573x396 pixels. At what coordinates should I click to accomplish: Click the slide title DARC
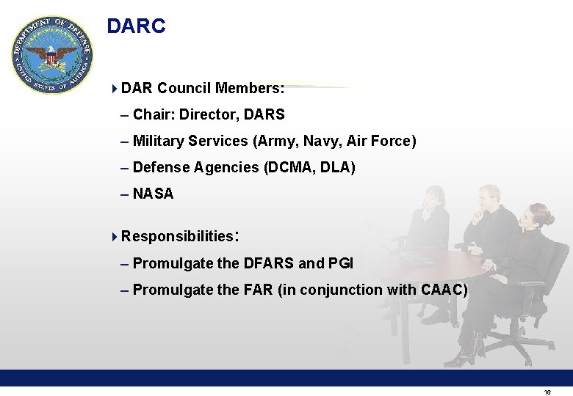tap(136, 26)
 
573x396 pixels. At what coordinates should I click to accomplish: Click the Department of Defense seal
tap(52, 55)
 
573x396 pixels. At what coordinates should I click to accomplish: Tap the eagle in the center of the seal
tap(52, 56)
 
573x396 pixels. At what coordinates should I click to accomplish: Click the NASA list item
tap(153, 194)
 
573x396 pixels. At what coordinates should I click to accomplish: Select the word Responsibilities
tap(177, 237)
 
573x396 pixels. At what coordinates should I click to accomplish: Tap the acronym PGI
tap(341, 263)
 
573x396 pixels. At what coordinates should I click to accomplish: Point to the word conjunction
tap(343, 290)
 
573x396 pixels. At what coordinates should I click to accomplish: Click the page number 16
tap(547, 392)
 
